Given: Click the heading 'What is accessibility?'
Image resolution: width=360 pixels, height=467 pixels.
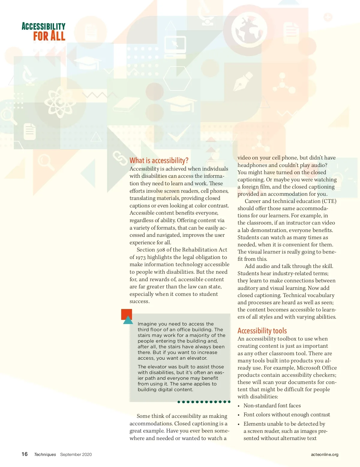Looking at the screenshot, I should pyautogui.click(x=159, y=161).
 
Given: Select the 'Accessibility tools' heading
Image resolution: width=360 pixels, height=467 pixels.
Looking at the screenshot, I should pyautogui.click(x=262, y=331).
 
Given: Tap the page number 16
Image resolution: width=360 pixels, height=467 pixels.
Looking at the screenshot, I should pyautogui.click(x=25, y=454).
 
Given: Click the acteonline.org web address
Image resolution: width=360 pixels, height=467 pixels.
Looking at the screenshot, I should pyautogui.click(x=324, y=454).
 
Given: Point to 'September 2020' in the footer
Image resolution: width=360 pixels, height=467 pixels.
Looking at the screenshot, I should pyautogui.click(x=76, y=454).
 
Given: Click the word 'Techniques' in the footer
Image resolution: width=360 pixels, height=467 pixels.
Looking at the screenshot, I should pyautogui.click(x=45, y=454).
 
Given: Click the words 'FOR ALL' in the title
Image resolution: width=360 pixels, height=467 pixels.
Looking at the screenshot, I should pyautogui.click(x=49, y=36).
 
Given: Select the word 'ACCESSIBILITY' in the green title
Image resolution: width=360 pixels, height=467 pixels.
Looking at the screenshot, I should pyautogui.click(x=43, y=26).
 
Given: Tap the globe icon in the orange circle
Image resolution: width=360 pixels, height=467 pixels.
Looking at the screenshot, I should pyautogui.click(x=249, y=30).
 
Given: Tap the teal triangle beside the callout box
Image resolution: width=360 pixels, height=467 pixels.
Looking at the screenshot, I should pyautogui.click(x=128, y=320).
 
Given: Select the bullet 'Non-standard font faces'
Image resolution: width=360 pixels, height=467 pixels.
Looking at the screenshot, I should pyautogui.click(x=272, y=406).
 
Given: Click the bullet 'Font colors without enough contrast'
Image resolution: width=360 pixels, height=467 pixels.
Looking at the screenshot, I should pyautogui.click(x=286, y=415).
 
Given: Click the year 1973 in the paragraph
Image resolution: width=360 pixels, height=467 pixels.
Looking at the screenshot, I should pyautogui.click(x=140, y=257).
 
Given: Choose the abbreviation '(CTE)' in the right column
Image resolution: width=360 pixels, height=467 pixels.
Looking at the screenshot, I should pyautogui.click(x=329, y=201).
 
